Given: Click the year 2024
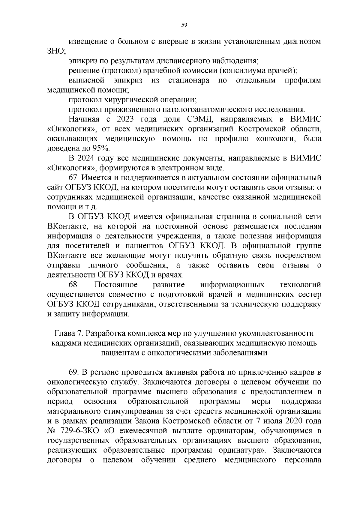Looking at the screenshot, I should point(87,158).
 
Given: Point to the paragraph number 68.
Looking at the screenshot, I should point(73,285).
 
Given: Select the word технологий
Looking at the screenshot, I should point(300,285).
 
